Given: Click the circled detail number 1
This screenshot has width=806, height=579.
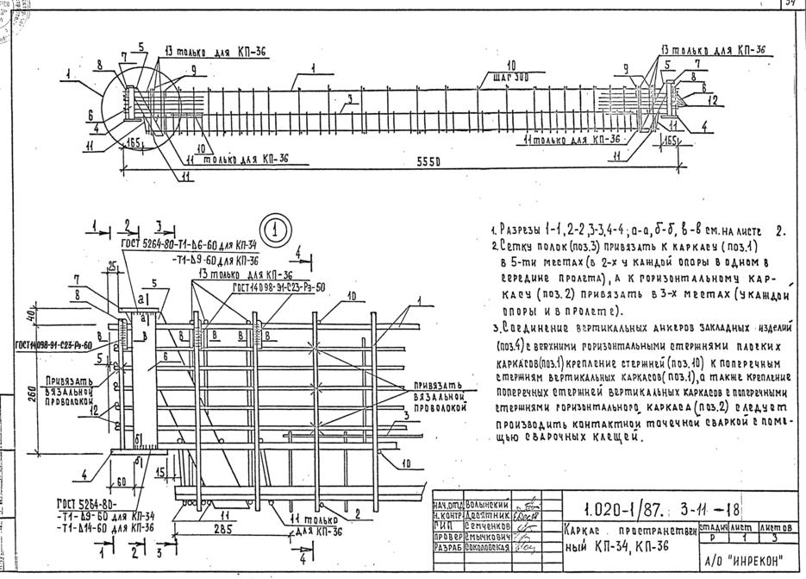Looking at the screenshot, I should click(275, 230).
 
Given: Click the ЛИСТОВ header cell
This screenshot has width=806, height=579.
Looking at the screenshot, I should click(777, 527).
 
